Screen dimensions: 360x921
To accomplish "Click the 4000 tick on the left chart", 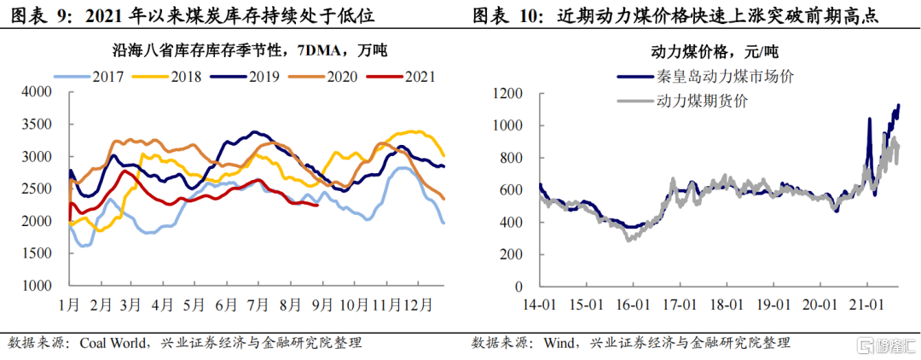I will click(x=38, y=92).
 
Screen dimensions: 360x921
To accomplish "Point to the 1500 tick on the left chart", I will click(x=38, y=253).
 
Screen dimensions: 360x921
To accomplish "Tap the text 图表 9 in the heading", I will click(x=37, y=16).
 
